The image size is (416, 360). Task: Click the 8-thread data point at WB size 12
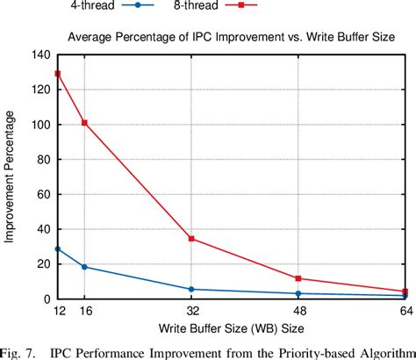coord(59,74)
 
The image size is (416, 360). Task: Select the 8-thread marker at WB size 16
coord(84,123)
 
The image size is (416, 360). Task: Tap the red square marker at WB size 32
coord(191,239)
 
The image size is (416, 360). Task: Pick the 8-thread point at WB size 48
coord(298,278)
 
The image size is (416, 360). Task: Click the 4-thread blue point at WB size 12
coord(59,249)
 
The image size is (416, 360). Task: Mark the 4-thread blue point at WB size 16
coord(84,267)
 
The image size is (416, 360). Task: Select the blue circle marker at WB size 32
coord(191,289)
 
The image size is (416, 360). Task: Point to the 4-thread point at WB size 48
coord(298,293)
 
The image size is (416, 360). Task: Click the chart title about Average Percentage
coord(233,37)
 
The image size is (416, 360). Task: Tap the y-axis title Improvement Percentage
coord(11,176)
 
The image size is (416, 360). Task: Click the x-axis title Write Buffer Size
coord(233,329)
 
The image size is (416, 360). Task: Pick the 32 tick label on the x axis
coord(191,312)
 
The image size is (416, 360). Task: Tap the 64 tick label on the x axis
coord(405,312)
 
